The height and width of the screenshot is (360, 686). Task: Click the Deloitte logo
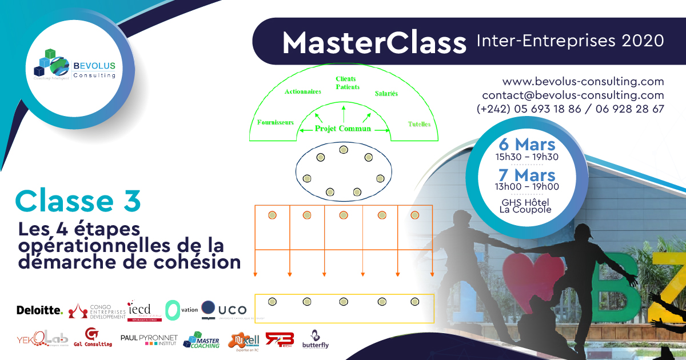[x=39, y=310]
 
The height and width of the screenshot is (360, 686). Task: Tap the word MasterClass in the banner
[x=374, y=42]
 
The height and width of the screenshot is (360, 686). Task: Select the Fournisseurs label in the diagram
[x=276, y=122]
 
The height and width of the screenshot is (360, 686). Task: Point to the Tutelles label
[x=419, y=124]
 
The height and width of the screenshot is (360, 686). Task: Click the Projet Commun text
[x=343, y=129]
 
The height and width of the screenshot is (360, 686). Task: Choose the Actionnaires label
[x=302, y=91]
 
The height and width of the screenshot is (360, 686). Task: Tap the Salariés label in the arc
[x=386, y=93]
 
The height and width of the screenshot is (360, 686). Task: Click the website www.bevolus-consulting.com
[x=583, y=81]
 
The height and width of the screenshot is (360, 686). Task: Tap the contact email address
[x=573, y=95]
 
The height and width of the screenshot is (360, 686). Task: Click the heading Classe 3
[x=78, y=201]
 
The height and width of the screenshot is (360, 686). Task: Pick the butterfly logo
[x=316, y=339]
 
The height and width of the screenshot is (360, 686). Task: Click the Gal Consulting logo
[x=93, y=338]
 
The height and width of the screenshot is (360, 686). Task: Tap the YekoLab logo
[x=43, y=338]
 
